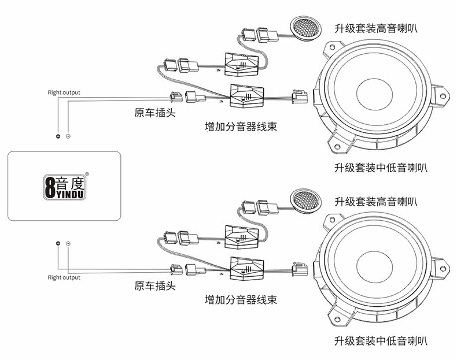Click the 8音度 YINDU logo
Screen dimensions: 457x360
64,187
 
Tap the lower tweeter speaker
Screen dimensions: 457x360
306,200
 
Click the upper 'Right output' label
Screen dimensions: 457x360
64,92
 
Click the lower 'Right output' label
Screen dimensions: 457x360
64,277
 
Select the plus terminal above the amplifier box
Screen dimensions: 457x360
58,136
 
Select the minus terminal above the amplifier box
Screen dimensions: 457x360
68,136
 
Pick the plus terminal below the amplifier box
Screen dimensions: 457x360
58,243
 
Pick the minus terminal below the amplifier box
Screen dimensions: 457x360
68,243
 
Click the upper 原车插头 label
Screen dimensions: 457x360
155,113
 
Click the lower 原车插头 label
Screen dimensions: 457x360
155,285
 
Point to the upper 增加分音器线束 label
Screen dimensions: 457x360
241,127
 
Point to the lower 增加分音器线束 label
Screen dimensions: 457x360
241,299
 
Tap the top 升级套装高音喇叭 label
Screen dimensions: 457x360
375,28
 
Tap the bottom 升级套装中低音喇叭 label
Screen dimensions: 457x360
381,340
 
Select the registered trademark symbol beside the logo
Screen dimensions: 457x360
87,174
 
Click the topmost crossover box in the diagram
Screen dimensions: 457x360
242,65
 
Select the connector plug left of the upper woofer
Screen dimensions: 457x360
300,97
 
